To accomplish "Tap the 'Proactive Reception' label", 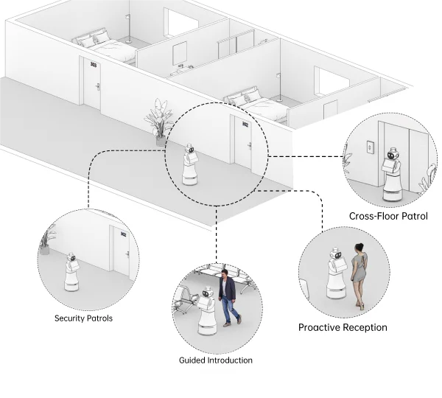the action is [x=343, y=327].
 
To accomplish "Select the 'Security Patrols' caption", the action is [x=83, y=318].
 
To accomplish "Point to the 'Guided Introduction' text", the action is [x=216, y=360].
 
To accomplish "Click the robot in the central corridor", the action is [x=191, y=165].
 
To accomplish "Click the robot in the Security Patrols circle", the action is [x=71, y=273].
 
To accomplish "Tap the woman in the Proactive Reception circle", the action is [x=359, y=275].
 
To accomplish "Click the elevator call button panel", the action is [x=369, y=147].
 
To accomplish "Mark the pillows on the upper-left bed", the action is [x=93, y=39].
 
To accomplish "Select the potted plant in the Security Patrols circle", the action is [x=48, y=240].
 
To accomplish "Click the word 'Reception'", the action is [x=362, y=327].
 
